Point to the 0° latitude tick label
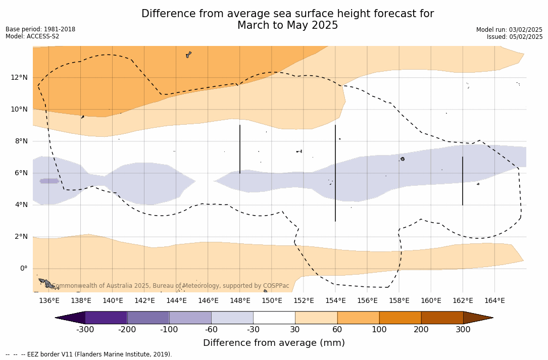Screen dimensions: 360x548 (x=24, y=268)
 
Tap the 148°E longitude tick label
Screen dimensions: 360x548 (x=240, y=301)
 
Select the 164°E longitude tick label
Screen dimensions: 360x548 (x=494, y=301)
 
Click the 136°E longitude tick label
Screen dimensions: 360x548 (x=49, y=301)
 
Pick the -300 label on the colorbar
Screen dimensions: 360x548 (x=85, y=330)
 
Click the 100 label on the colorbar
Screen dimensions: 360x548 (x=379, y=330)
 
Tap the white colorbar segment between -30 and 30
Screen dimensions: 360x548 (x=274, y=318)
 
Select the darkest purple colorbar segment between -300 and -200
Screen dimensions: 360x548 (x=106, y=318)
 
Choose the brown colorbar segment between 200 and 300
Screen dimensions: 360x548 (x=442, y=318)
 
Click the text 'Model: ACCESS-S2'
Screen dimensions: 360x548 (x=32, y=36)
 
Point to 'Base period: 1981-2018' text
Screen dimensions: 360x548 (x=40, y=29)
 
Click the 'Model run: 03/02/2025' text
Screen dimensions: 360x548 (x=509, y=30)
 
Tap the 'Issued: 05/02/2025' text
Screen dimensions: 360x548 (x=515, y=37)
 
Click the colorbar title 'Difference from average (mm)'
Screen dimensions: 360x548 (x=274, y=343)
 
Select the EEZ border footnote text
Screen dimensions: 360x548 (x=88, y=354)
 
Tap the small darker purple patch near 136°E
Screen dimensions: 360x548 (x=49, y=181)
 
